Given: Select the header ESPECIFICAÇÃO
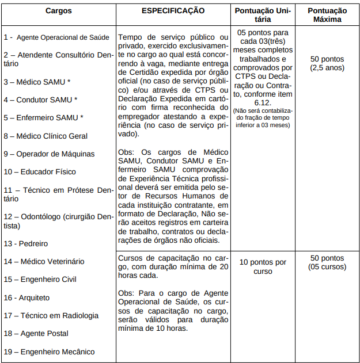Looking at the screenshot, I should (x=172, y=11).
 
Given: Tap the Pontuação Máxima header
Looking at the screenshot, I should (x=327, y=15).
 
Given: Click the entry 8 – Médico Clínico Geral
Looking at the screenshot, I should (x=46, y=136).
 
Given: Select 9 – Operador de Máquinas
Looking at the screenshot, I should (x=49, y=154).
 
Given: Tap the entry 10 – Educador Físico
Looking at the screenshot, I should (x=40, y=172).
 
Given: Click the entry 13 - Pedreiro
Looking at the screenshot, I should (x=26, y=244).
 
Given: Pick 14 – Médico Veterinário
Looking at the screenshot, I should (x=44, y=262).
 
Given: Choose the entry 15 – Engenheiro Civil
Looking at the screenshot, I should (x=40, y=280).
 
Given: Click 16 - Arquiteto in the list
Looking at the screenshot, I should (x=26, y=298).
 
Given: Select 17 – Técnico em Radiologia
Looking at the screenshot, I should (x=51, y=316).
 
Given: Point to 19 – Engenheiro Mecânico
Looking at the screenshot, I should (x=49, y=352).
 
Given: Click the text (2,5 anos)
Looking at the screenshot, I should (x=327, y=68).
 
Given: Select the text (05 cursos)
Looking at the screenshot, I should (x=327, y=267).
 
